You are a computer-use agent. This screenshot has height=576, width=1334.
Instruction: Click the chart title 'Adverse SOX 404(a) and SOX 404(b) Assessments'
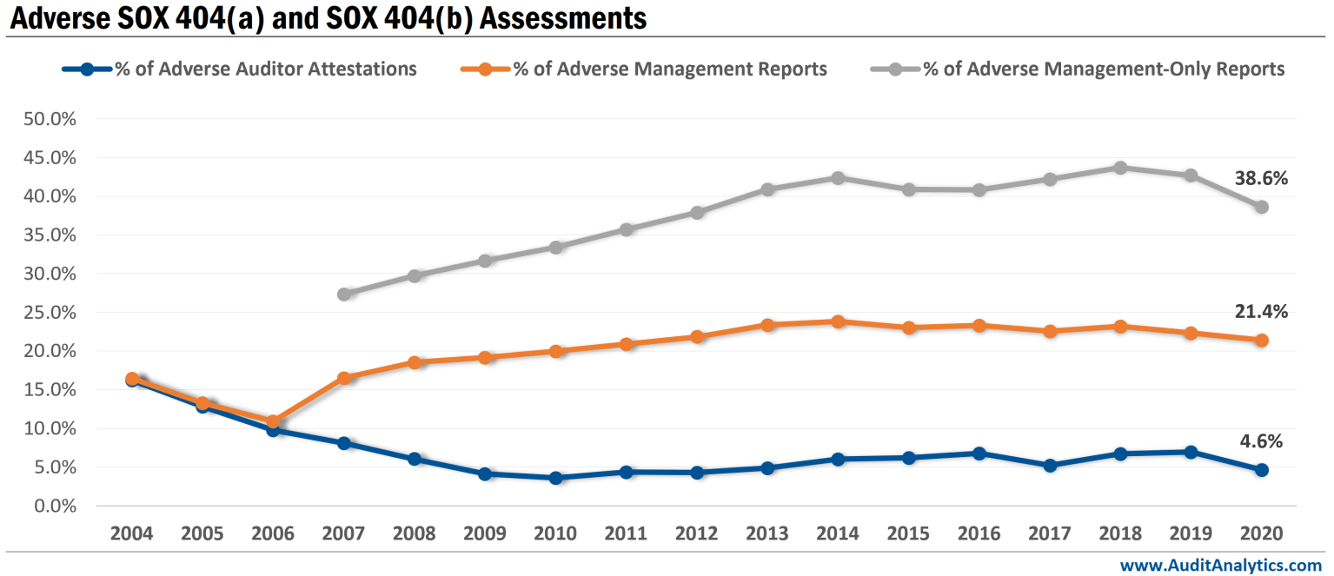point(328,17)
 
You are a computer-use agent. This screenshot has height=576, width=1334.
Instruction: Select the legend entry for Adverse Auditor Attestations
point(265,69)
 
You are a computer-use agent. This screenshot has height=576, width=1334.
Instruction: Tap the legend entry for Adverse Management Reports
point(669,69)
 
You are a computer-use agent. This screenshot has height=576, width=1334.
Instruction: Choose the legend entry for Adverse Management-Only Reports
point(1103,69)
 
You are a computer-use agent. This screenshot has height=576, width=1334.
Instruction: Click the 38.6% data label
point(1260,179)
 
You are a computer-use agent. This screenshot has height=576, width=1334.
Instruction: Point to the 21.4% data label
point(1260,312)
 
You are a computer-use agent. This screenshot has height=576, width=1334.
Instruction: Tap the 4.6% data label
point(1260,441)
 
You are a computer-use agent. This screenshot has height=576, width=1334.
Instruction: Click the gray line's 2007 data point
point(344,294)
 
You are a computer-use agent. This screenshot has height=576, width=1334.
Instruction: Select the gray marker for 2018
point(1120,168)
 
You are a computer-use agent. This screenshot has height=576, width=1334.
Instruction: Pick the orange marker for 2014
point(838,321)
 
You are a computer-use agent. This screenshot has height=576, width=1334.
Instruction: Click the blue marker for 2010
point(555,478)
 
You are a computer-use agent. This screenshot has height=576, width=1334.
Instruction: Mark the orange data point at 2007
point(344,378)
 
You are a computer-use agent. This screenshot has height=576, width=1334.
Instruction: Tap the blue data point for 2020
point(1261,470)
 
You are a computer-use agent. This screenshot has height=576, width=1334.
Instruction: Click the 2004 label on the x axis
point(132,533)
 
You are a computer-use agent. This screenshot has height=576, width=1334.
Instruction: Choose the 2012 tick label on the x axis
point(697,533)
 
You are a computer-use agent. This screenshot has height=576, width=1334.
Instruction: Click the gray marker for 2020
point(1261,207)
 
